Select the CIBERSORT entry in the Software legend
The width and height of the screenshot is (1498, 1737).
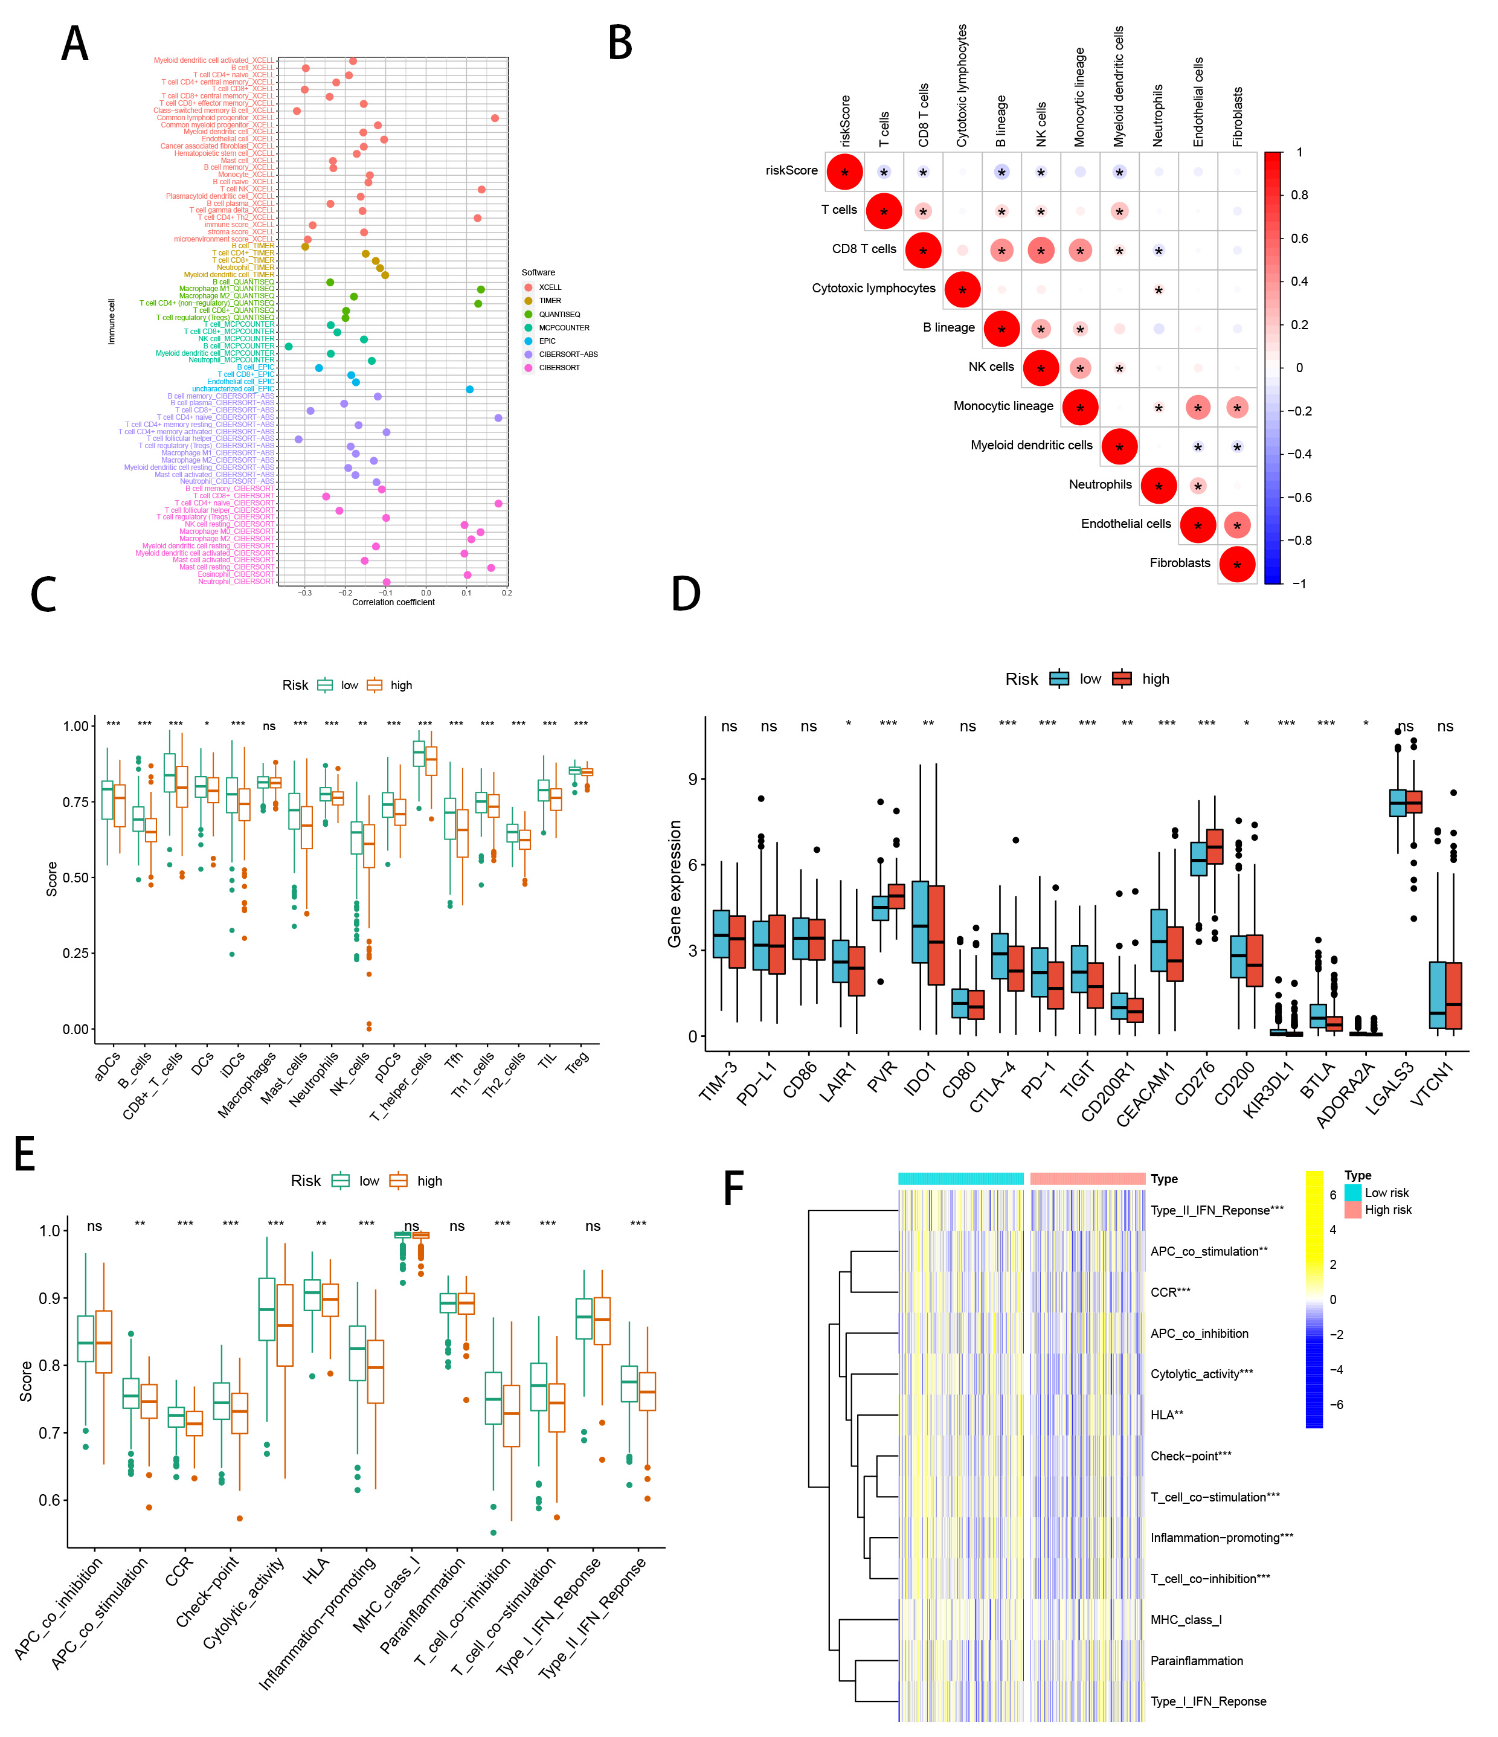tap(559, 368)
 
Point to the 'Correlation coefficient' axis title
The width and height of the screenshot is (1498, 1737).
tap(393, 602)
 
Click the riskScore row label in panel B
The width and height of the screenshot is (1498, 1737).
tap(791, 170)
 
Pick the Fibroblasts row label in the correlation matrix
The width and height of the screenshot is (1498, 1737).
tap(1180, 562)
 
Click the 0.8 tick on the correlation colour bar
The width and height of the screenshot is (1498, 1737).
tap(1299, 195)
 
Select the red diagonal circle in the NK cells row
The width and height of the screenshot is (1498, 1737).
tap(1040, 368)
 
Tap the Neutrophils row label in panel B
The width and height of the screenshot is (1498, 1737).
tap(1100, 484)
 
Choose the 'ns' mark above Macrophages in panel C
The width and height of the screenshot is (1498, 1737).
tap(269, 726)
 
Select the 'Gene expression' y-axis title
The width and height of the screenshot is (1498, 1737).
tap(674, 884)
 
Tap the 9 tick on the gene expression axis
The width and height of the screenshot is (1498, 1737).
tap(692, 779)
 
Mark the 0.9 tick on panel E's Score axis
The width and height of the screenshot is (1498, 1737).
tap(50, 1299)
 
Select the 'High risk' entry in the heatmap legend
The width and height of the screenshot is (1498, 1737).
tap(1387, 1210)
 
